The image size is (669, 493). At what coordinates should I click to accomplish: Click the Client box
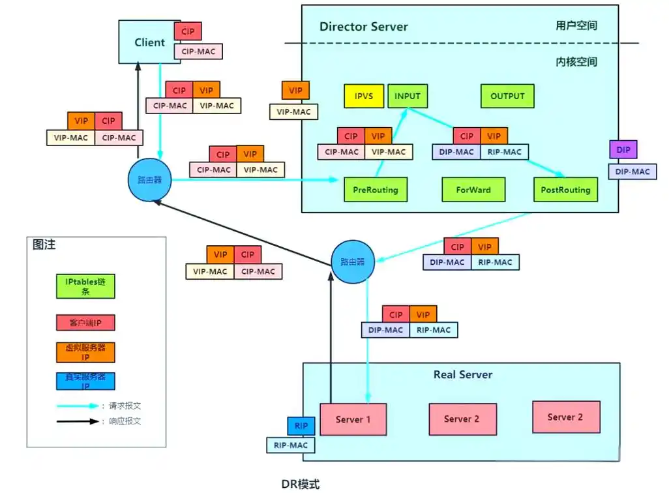click(149, 42)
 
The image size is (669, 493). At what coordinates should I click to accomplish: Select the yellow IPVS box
click(364, 96)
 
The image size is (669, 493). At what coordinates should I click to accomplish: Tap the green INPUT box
click(408, 96)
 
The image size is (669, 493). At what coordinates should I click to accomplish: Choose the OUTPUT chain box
click(507, 96)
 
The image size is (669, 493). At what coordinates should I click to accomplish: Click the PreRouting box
click(375, 190)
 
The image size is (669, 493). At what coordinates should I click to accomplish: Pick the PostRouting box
click(565, 190)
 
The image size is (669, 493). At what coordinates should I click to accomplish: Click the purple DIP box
click(623, 149)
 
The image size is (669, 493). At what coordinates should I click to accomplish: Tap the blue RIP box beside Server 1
click(301, 426)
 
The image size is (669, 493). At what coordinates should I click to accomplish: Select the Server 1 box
click(353, 419)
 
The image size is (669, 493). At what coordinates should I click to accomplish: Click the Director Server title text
click(363, 27)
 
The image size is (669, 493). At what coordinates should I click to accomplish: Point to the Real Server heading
click(463, 374)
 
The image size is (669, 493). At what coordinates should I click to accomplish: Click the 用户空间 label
click(576, 26)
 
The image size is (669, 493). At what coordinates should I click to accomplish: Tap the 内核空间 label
click(576, 62)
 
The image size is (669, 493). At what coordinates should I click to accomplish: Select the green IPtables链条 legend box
click(85, 285)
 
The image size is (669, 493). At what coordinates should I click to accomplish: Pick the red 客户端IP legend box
click(85, 322)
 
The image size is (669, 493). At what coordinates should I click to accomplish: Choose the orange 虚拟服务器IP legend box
click(85, 352)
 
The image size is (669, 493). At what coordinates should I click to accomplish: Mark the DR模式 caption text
click(301, 484)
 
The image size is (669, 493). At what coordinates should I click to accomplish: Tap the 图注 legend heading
click(44, 245)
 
